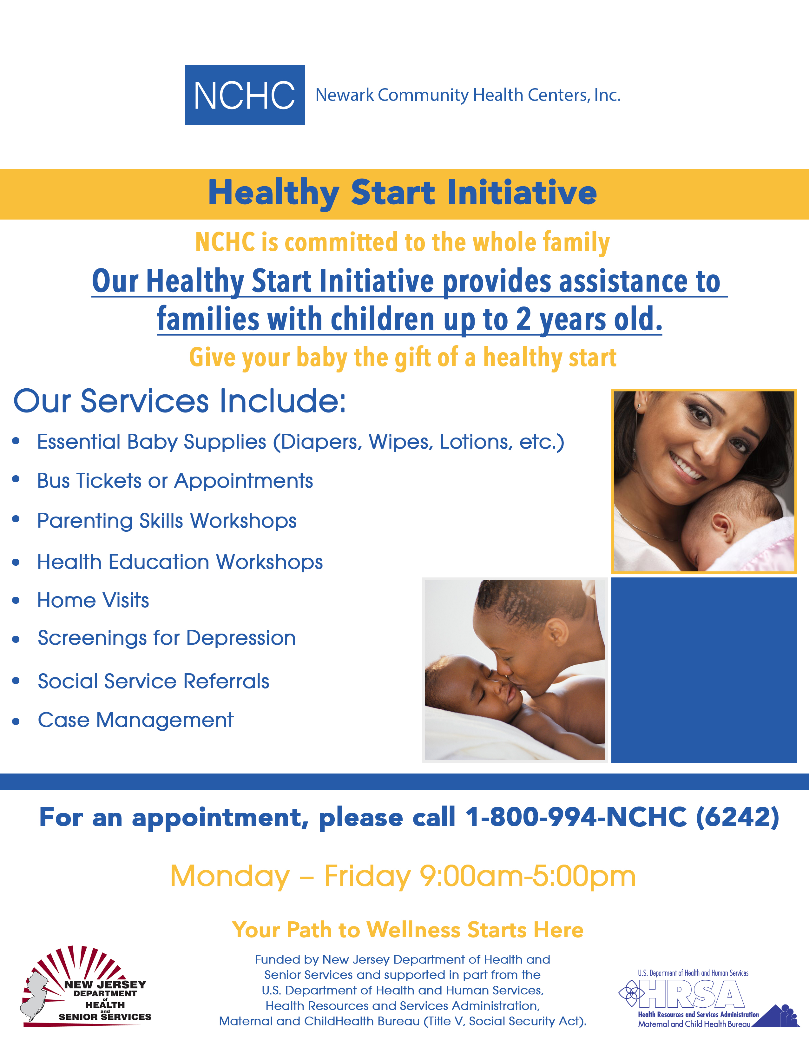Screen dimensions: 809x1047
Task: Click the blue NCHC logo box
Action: [245, 95]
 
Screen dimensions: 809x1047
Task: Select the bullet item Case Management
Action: [136, 720]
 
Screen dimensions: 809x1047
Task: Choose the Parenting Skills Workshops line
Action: [167, 521]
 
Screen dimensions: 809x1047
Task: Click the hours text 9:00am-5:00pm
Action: [528, 876]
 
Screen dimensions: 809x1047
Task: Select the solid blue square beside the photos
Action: [704, 670]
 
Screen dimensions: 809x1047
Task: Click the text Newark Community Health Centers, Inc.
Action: [468, 95]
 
